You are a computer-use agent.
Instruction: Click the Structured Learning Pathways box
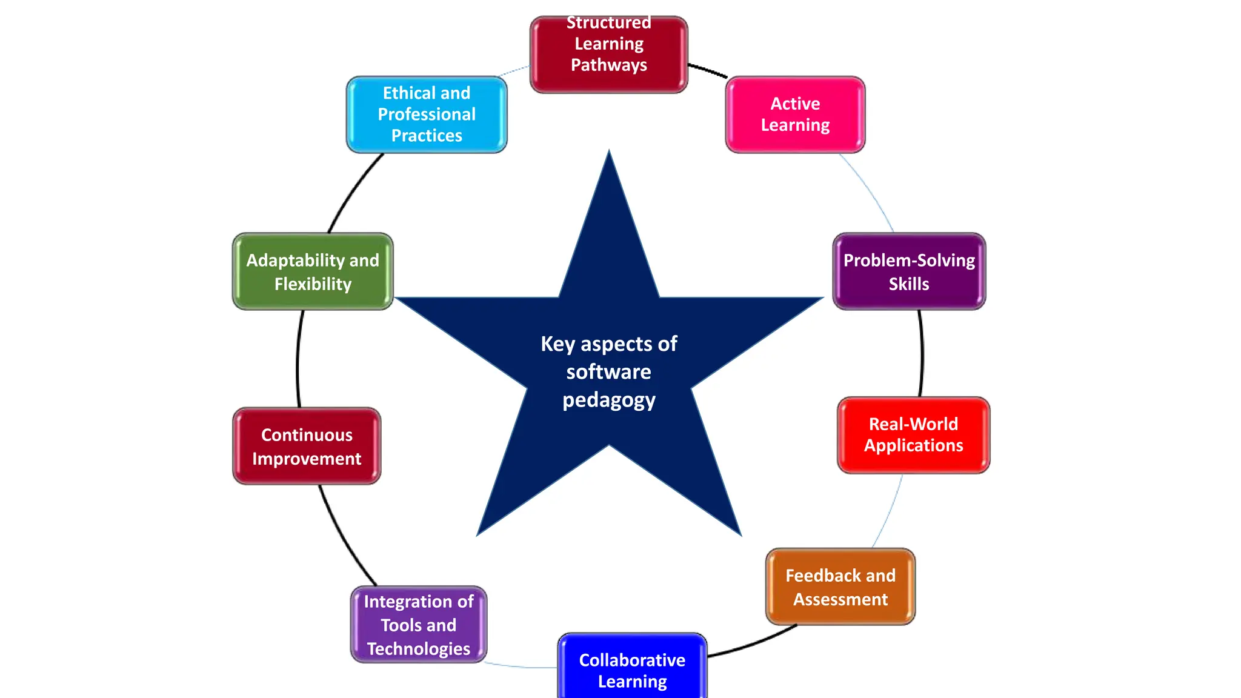[x=608, y=55]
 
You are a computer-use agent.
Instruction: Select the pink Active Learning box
[x=795, y=115]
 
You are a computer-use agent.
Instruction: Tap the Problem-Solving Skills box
[x=909, y=271]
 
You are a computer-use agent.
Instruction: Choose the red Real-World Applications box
[x=913, y=435]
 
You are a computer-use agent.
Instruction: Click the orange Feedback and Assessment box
[x=840, y=587]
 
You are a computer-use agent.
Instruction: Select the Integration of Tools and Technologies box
[x=419, y=624]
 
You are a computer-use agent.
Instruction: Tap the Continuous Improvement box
[x=307, y=446]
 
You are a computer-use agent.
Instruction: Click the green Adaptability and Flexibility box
[x=313, y=271]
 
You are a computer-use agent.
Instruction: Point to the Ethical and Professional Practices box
[x=427, y=115]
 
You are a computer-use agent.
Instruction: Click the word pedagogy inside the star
[x=608, y=400]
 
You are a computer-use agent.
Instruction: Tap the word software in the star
[x=608, y=371]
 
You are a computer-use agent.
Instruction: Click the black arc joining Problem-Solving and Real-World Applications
[x=922, y=354]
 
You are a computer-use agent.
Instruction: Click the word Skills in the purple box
[x=908, y=284]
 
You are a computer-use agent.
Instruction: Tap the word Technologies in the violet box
[x=419, y=648]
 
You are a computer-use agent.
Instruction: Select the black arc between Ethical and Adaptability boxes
[x=351, y=191]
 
